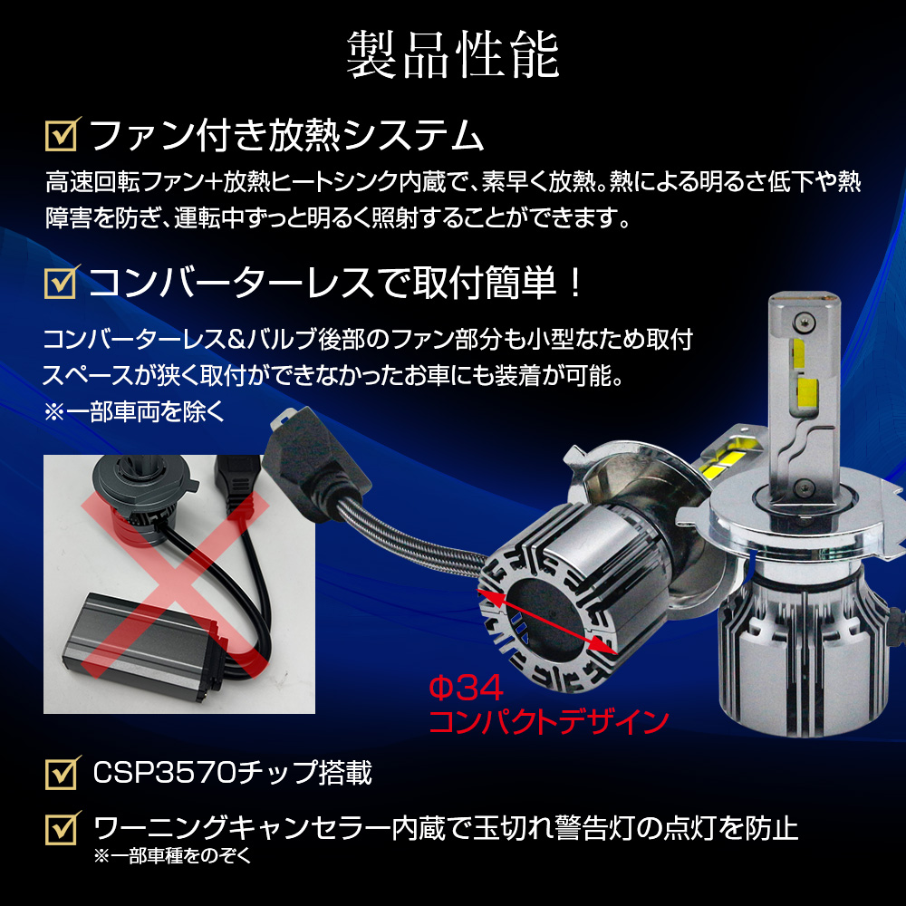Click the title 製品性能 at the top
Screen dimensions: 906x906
(x=453, y=55)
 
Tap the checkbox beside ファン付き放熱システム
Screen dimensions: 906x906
(x=63, y=135)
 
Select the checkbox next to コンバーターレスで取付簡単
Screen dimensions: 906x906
(x=63, y=283)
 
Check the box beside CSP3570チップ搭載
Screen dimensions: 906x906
(x=63, y=773)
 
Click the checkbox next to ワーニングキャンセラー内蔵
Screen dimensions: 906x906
(x=63, y=828)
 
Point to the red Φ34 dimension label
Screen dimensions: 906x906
(x=466, y=689)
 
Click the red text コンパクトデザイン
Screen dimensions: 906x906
(x=549, y=722)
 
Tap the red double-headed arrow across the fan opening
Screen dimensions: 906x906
(x=547, y=622)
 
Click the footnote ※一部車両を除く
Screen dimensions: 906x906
(x=134, y=412)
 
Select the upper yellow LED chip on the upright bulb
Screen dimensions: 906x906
(x=798, y=353)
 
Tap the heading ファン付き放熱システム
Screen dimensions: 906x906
(x=286, y=135)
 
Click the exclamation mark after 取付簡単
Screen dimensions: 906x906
(x=575, y=283)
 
